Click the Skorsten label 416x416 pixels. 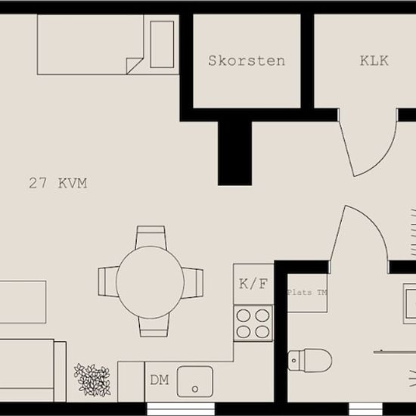point(247,61)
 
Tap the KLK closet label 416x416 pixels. point(374,61)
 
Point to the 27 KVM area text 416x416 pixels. point(57,183)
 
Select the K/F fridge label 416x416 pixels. point(253,284)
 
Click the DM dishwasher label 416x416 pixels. point(160,380)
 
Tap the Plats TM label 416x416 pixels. point(307,293)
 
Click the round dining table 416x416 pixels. point(151,282)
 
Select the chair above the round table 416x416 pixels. point(151,237)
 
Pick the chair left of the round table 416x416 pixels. point(108,281)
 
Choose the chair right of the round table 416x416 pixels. point(193,283)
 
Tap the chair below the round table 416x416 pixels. point(154,326)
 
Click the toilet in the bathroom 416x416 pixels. point(310,360)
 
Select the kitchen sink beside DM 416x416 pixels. point(195,381)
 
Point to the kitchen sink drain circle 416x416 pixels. point(195,390)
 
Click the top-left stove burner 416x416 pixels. point(244,315)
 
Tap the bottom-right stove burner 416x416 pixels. point(262,332)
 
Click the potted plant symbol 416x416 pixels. point(92,380)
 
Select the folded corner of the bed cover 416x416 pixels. point(135,66)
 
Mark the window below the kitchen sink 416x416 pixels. point(181,409)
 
